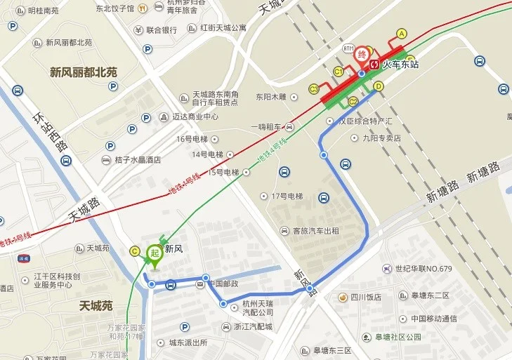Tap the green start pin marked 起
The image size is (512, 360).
(x=155, y=254)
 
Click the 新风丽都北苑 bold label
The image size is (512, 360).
(x=84, y=72)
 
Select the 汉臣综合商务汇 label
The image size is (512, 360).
(x=365, y=121)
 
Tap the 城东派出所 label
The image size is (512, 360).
(x=188, y=342)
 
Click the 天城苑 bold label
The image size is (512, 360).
(x=96, y=306)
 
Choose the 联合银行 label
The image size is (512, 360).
(x=161, y=30)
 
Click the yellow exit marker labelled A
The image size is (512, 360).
(x=402, y=34)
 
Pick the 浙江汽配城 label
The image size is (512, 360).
(x=254, y=327)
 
